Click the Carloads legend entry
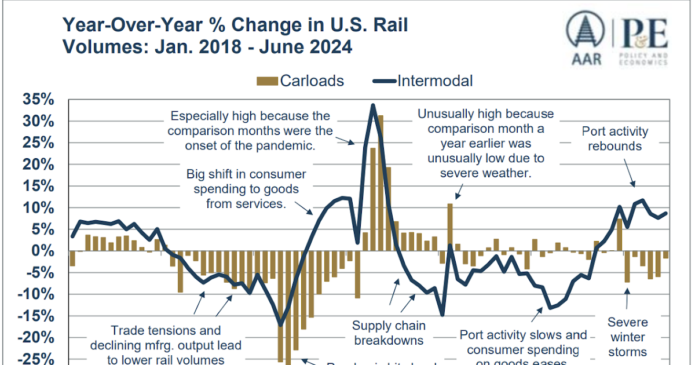click(x=301, y=81)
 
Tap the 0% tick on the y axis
click(x=42, y=251)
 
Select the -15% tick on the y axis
click(x=35, y=316)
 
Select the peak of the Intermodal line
click(x=372, y=105)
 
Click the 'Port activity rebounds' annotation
click(x=614, y=139)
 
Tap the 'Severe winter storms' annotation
click(x=627, y=337)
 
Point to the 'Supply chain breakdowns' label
click(x=389, y=333)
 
